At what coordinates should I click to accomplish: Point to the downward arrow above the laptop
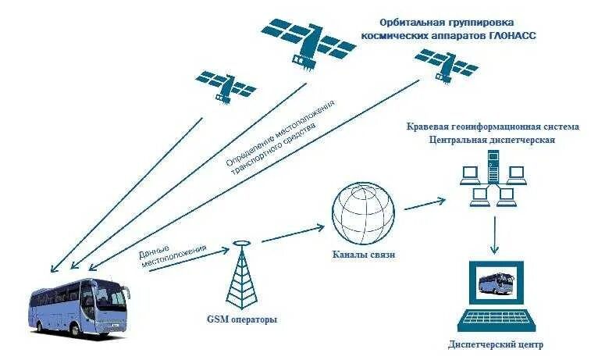pos(494,236)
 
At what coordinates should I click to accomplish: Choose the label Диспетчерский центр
pos(496,344)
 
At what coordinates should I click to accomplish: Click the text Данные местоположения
pos(174,258)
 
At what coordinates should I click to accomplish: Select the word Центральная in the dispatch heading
pos(460,140)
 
